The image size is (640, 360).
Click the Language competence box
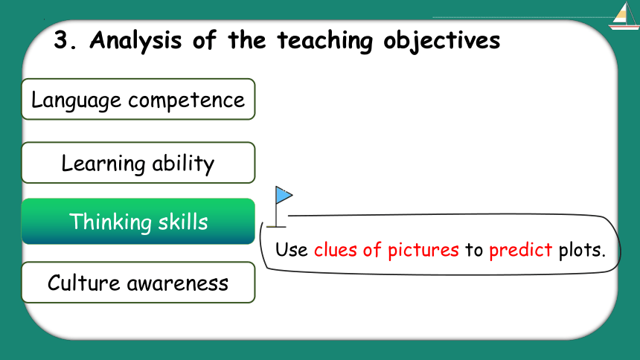tap(138, 99)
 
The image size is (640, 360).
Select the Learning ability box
tap(138, 162)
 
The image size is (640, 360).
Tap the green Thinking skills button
tap(138, 221)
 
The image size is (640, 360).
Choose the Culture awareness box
tap(138, 283)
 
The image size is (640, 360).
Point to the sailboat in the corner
tap(624, 16)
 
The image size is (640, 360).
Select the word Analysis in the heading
tap(135, 40)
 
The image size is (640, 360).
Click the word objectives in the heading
tap(441, 41)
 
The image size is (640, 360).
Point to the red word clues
tap(335, 249)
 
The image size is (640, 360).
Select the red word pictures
tap(423, 250)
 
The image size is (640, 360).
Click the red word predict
tap(521, 250)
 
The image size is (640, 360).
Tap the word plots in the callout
tap(582, 250)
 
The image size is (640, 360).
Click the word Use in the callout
tap(292, 250)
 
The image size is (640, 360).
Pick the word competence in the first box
tap(186, 100)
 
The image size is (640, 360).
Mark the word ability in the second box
tap(183, 164)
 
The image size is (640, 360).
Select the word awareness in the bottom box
tap(178, 283)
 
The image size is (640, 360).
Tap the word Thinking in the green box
tap(110, 222)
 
